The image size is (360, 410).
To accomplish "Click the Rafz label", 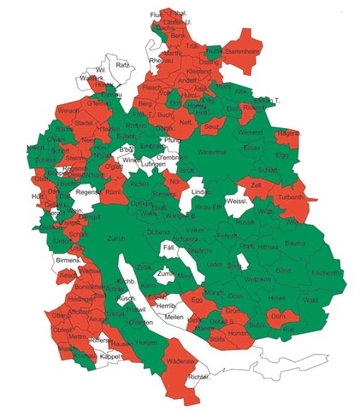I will click(x=122, y=65).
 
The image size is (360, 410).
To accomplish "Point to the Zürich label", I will click(x=116, y=239).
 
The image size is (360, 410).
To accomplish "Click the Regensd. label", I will click(x=90, y=192).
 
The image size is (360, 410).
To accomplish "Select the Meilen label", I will click(x=174, y=317).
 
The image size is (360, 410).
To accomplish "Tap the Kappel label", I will click(x=109, y=355).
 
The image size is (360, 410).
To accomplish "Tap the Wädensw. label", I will click(x=182, y=361).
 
